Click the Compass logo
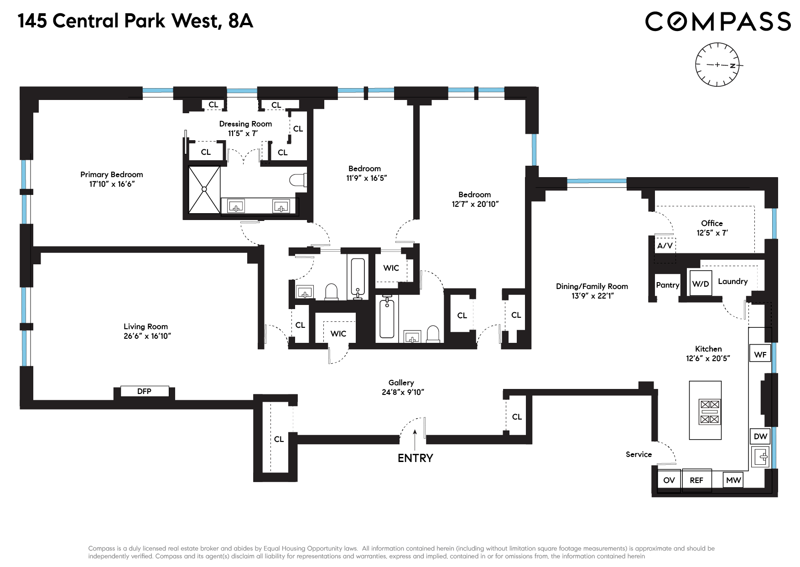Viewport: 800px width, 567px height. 717,21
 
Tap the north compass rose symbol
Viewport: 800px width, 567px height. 717,65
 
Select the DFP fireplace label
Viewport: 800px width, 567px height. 144,391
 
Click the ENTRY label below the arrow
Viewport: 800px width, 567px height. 415,458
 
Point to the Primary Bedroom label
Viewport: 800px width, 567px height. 112,174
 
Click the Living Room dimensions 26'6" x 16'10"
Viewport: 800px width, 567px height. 147,336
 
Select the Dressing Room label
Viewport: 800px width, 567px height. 245,124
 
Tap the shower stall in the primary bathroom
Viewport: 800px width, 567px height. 204,189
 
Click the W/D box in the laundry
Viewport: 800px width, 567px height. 701,283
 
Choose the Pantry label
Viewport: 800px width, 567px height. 667,285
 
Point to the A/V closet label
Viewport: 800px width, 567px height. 665,246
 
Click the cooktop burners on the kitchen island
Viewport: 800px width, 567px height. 710,411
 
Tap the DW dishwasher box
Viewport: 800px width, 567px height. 760,436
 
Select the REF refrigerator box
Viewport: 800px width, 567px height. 696,480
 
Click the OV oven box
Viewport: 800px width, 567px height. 669,480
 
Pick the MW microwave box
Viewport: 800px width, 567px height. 733,480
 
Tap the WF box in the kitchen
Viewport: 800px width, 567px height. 760,354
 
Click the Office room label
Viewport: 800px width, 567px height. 712,223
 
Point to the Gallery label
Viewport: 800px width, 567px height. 401,383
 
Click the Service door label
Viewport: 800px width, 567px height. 639,454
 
